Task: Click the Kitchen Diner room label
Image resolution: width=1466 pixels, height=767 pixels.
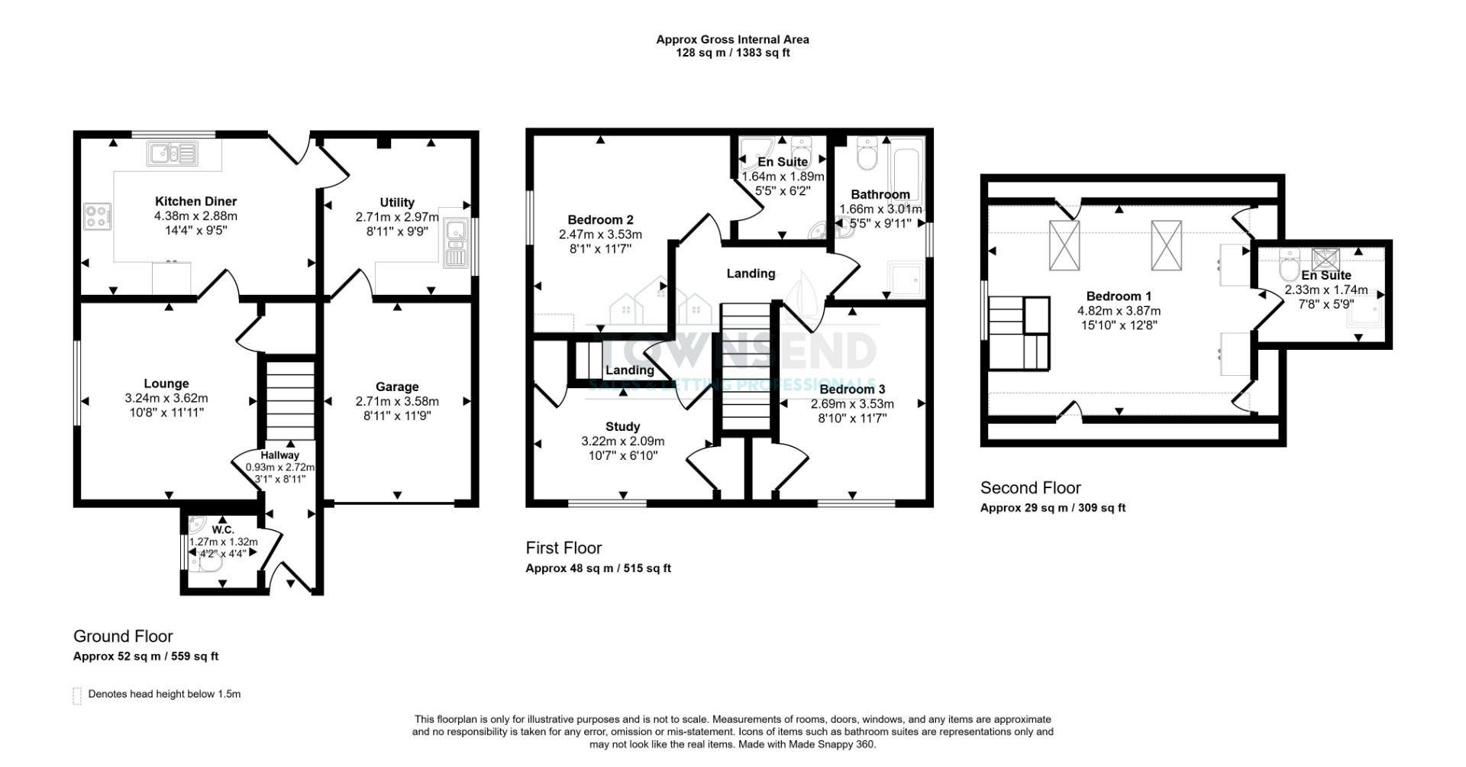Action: tap(195, 202)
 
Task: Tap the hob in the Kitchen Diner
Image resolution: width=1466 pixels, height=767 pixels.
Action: tap(98, 215)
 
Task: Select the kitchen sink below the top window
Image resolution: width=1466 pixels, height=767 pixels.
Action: tap(173, 154)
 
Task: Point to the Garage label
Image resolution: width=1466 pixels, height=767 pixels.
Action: tap(397, 387)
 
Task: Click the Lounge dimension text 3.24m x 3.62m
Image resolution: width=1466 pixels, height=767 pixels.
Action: tap(166, 398)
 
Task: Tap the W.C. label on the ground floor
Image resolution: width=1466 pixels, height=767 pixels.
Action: tap(223, 529)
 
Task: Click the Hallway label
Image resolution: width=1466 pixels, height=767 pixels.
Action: tap(279, 455)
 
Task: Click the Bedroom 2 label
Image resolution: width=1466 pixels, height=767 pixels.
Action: tap(600, 220)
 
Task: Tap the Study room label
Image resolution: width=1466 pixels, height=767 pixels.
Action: tap(622, 426)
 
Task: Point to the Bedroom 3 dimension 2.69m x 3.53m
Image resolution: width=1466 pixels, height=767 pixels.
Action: tap(852, 404)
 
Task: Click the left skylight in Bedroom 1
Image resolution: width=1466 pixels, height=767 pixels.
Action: tap(1064, 244)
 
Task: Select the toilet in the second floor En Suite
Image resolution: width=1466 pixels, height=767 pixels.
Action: tap(1289, 267)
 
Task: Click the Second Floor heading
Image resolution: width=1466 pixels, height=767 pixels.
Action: tap(1030, 487)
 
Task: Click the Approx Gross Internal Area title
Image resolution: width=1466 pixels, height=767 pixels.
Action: tap(732, 39)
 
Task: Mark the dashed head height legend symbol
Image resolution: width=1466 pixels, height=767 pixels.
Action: tap(77, 695)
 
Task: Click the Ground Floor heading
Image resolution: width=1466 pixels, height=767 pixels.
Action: tap(123, 636)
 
